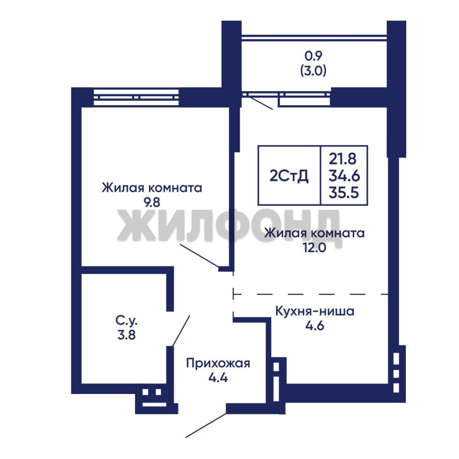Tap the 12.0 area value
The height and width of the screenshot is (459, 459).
[x=314, y=248]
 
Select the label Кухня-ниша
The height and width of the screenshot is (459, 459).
[x=314, y=311]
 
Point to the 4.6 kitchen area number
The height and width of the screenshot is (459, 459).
[x=314, y=326]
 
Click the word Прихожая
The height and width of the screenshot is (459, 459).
[x=218, y=363]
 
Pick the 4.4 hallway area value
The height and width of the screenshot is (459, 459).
[x=218, y=378]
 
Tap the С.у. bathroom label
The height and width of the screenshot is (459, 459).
[x=127, y=321]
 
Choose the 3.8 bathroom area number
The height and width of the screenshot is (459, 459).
[x=127, y=335]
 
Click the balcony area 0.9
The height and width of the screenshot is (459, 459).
[x=313, y=56]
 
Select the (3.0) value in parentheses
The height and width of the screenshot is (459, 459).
[x=313, y=71]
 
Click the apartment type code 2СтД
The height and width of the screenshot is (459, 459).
[x=289, y=176]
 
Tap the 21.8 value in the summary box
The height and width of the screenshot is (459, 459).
[x=343, y=159]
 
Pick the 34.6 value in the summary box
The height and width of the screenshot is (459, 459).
[x=344, y=176]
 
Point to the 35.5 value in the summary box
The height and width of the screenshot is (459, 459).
[x=344, y=193]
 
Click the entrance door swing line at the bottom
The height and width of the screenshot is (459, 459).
[x=206, y=425]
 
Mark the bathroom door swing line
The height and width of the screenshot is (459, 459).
[x=181, y=331]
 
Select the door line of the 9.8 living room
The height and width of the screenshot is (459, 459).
[x=199, y=255]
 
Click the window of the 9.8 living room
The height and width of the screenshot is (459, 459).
[x=136, y=97]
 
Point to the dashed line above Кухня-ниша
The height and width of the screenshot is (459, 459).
[x=311, y=294]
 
